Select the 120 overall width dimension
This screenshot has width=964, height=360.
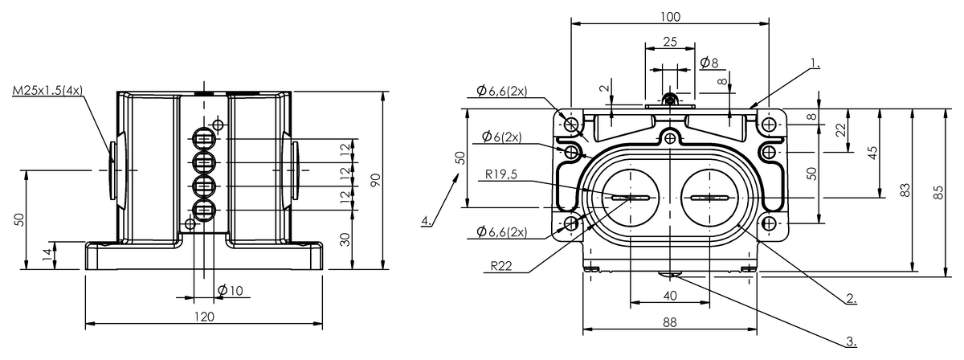204,317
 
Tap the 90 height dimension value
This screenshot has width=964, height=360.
374,181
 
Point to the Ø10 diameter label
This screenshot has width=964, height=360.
230,291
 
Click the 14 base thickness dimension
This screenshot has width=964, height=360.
47,255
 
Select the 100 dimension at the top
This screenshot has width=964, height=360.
670,16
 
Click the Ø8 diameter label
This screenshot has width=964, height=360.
709,63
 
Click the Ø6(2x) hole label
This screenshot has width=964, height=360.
502,137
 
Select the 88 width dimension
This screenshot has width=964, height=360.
670,321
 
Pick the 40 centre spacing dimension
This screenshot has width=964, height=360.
670,296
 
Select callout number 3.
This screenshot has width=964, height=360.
851,341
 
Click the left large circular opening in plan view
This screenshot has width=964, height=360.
631,198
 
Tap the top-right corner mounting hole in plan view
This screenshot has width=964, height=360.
770,125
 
